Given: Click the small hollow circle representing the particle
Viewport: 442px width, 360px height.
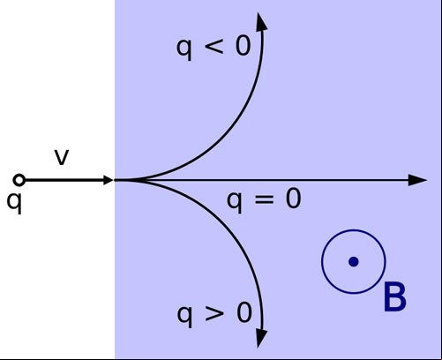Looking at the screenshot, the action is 19,180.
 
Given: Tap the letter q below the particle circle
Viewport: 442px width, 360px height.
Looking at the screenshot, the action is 14,203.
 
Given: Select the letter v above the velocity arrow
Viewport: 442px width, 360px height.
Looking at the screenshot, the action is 62,157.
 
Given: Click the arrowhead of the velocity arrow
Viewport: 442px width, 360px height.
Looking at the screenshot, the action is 109,180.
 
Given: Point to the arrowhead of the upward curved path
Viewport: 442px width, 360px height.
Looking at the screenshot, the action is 261,22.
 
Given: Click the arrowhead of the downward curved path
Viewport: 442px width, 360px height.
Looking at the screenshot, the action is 261,338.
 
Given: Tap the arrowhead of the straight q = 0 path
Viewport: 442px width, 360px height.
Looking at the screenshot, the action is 417,180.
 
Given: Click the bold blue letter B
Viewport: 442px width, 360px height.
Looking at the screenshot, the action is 395,296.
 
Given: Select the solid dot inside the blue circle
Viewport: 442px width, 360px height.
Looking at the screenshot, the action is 353,261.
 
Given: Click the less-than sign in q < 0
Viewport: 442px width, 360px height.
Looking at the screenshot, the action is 214,47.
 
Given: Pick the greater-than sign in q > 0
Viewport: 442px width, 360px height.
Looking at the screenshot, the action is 214,313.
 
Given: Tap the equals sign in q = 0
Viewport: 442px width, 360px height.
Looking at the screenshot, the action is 264,199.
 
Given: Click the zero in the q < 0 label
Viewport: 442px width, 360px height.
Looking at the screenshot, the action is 243,46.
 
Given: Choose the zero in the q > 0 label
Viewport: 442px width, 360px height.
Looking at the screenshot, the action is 244,312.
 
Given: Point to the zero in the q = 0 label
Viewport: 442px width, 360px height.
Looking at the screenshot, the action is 294,199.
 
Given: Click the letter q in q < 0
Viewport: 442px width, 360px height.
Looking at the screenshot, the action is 184,49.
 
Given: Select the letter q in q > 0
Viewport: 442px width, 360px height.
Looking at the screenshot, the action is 184,316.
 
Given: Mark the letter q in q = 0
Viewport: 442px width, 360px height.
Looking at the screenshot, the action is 235,202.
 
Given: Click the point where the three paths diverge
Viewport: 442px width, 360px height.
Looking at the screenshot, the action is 116,180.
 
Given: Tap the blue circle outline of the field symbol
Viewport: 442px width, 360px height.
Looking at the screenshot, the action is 322,261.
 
